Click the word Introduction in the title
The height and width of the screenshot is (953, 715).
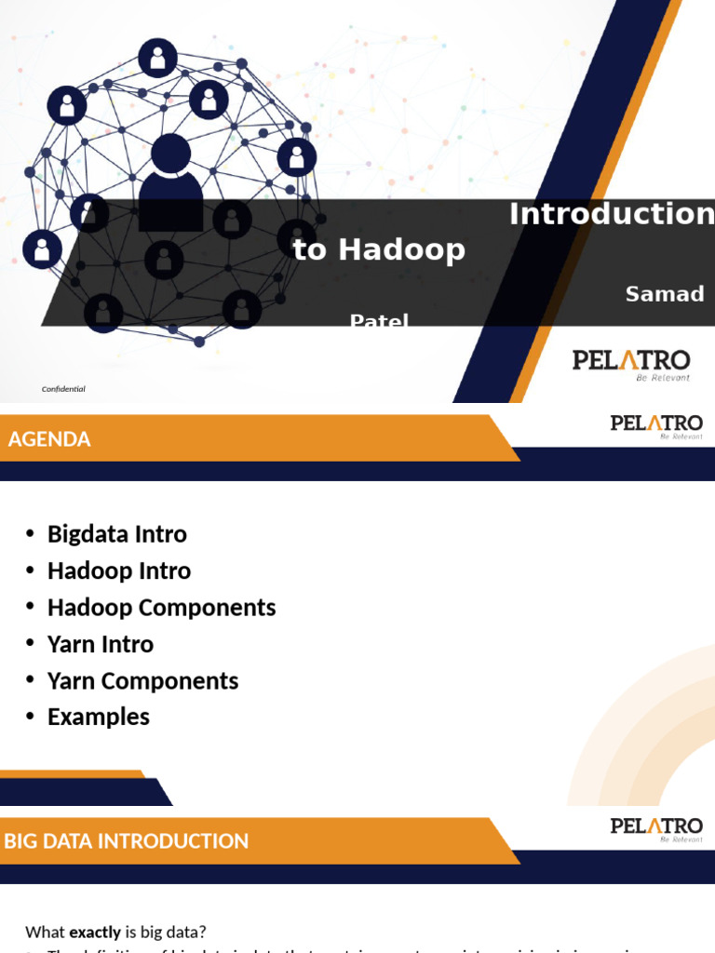point(611,215)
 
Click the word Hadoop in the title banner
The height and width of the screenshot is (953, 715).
point(401,249)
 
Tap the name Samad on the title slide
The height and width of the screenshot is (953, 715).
point(664,294)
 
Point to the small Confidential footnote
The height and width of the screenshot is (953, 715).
point(63,389)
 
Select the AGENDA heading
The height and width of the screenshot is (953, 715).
point(49,439)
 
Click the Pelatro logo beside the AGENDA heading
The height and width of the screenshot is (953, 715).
point(656,426)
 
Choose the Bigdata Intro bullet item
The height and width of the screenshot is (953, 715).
point(116,534)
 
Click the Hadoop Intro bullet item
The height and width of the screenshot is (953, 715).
point(118,570)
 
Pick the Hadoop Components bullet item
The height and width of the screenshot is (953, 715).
point(161,608)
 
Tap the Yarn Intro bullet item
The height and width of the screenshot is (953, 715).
point(100,644)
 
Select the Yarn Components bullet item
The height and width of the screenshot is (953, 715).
point(142,680)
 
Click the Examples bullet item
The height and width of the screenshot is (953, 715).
point(98,717)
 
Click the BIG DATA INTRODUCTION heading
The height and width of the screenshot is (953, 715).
point(127,841)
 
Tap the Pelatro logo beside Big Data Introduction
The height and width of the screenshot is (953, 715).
point(656,828)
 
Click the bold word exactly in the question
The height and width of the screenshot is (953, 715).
point(95,932)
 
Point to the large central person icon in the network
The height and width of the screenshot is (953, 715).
point(170,181)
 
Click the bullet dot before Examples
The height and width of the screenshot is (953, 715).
point(30,717)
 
